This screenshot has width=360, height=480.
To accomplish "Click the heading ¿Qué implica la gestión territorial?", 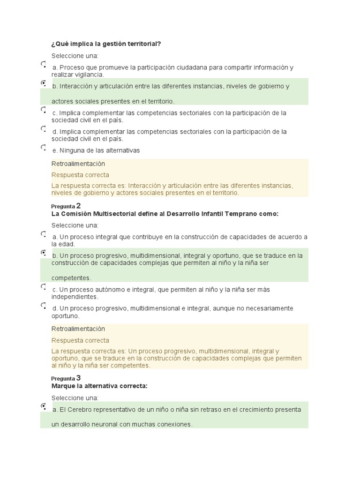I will [x=106, y=44].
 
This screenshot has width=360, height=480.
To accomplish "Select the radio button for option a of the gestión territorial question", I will [x=43, y=64].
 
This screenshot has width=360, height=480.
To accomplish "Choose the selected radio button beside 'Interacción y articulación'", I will [x=43, y=83].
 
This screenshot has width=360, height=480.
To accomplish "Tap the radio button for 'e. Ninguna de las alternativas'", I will [x=43, y=147].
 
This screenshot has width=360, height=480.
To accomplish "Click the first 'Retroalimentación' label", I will [x=78, y=164].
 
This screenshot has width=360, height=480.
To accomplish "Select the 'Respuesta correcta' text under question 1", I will [x=80, y=175].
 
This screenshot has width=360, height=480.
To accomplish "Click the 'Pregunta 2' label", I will [x=66, y=206].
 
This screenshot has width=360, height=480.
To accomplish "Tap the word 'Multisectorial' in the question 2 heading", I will [x=115, y=214].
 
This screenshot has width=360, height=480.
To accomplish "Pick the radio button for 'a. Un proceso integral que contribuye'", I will [x=43, y=233].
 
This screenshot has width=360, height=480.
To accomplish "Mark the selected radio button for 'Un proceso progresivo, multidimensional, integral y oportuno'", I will [x=43, y=253].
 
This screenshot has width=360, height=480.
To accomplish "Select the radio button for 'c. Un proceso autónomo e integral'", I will [x=43, y=286].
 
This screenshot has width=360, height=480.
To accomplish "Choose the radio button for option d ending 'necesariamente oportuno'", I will [x=43, y=305].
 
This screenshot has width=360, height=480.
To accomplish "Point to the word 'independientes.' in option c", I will [x=75, y=297].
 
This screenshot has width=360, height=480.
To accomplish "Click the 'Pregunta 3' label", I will [x=66, y=378].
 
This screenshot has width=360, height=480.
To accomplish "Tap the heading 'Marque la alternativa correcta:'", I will [x=99, y=386].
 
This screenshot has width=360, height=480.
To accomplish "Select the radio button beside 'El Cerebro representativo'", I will [x=43, y=406].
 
